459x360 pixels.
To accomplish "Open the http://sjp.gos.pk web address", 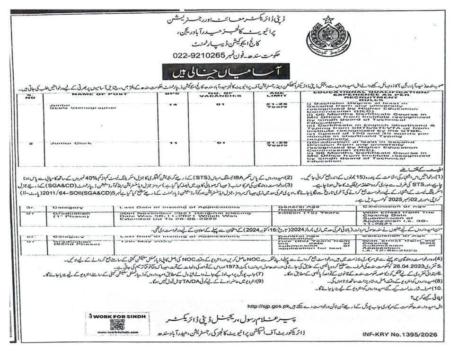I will (268, 306).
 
